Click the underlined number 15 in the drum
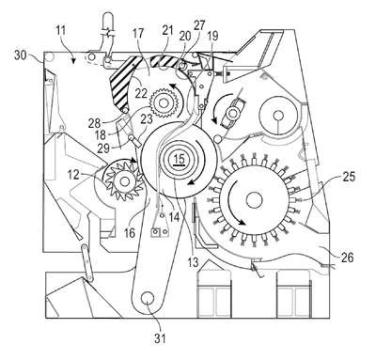point(180,160)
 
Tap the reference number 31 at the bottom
point(160,338)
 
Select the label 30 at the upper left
point(21,55)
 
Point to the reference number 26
point(347,258)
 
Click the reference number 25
point(349,177)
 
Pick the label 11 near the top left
point(60,31)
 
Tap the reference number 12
point(73,175)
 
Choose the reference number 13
point(194,262)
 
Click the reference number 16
point(130,232)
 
